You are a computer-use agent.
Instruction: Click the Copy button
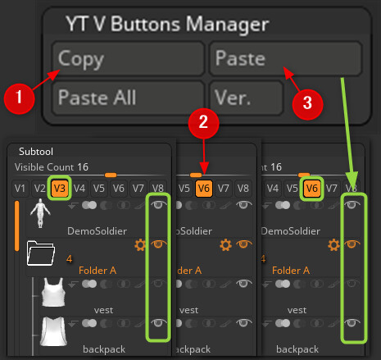129,59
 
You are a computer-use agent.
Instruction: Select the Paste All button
129,98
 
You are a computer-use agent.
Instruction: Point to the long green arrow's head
353,189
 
